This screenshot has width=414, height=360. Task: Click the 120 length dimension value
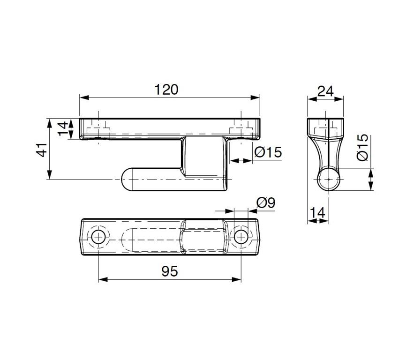click(166, 90)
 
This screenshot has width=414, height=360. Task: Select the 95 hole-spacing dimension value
click(170, 271)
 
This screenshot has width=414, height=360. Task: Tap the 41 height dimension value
click(42, 150)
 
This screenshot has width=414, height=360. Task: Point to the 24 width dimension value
click(325, 91)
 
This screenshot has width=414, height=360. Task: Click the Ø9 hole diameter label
click(266, 202)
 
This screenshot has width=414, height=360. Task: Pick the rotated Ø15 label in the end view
click(362, 147)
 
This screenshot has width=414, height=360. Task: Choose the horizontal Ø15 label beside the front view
click(268, 152)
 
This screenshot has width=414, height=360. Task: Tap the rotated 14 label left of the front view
click(63, 128)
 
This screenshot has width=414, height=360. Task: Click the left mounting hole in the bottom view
click(98, 236)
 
